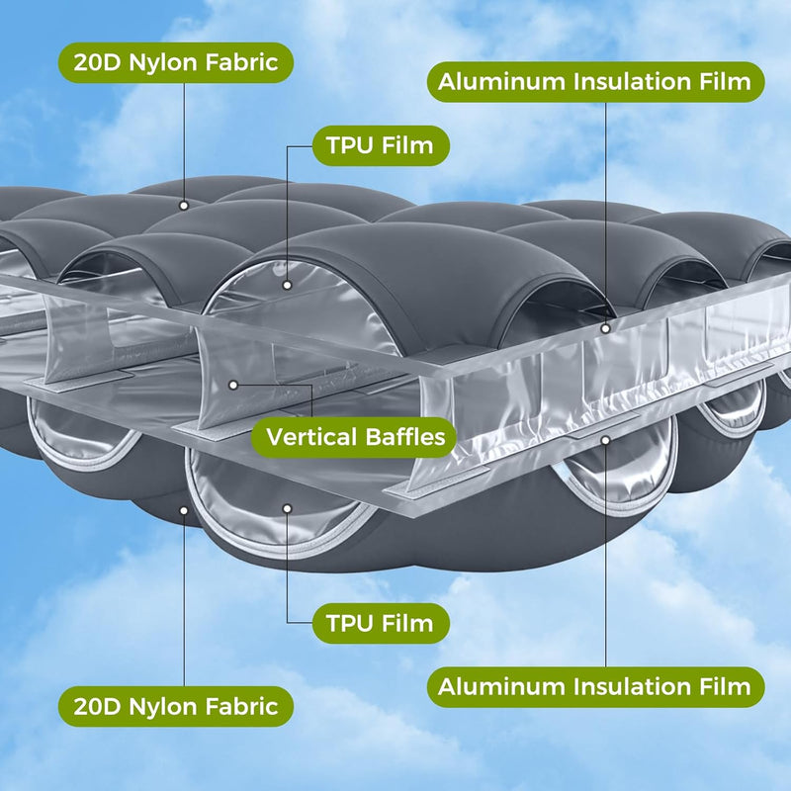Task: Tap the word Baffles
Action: [x=404, y=436]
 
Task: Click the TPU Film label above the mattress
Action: [x=380, y=146]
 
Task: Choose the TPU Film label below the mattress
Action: [x=380, y=623]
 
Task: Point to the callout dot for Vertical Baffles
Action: [x=233, y=384]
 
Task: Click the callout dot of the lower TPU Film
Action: [x=287, y=508]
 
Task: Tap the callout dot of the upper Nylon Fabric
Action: [x=184, y=205]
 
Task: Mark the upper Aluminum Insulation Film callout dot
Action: [x=605, y=324]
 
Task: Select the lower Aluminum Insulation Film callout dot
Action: [x=605, y=436]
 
